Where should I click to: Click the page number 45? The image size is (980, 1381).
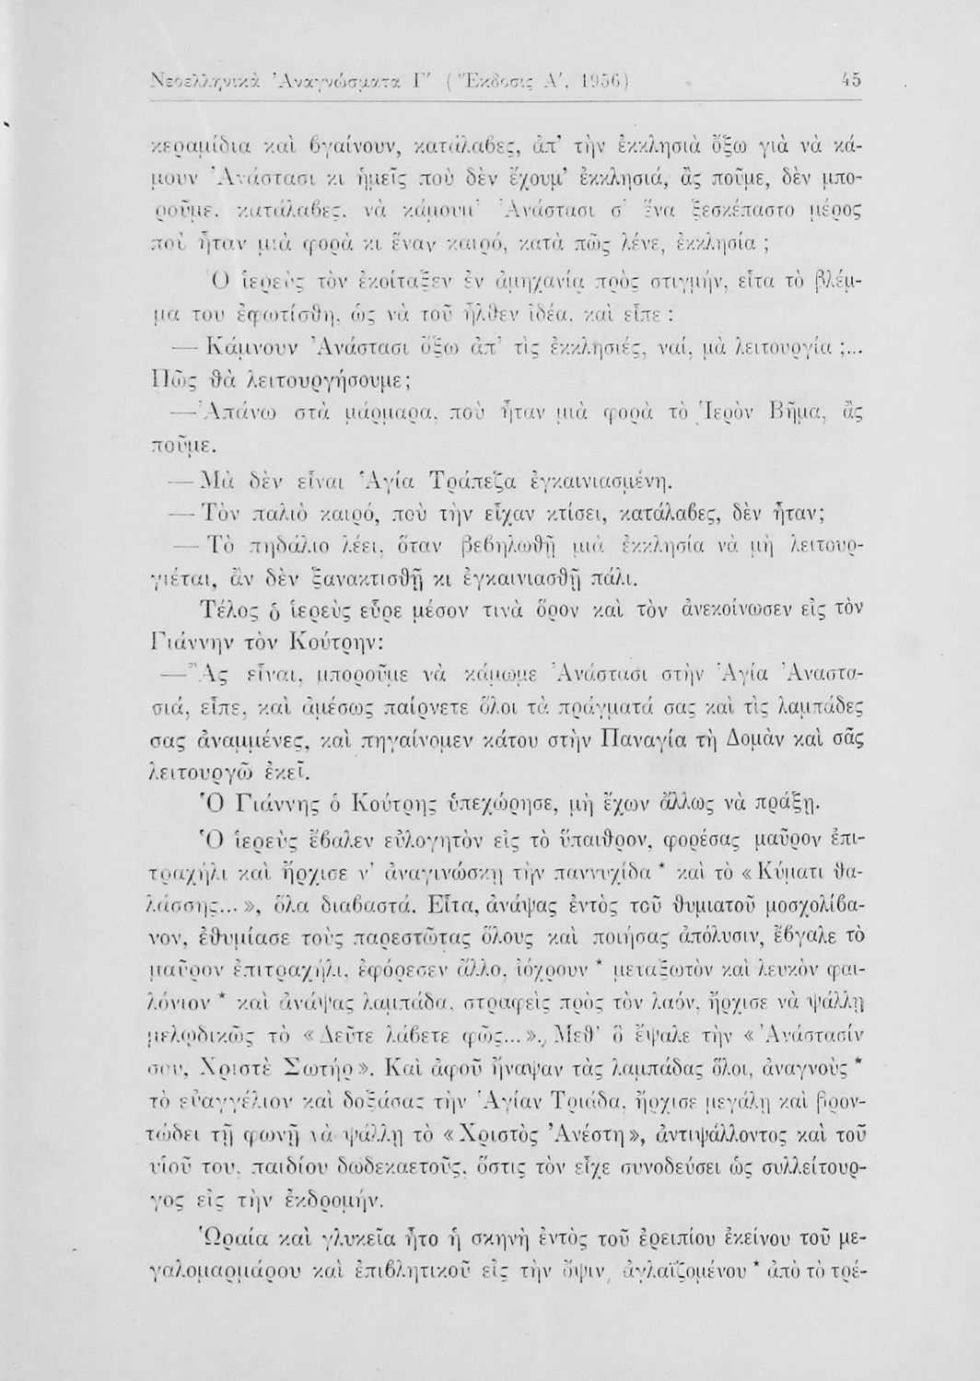(851, 80)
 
